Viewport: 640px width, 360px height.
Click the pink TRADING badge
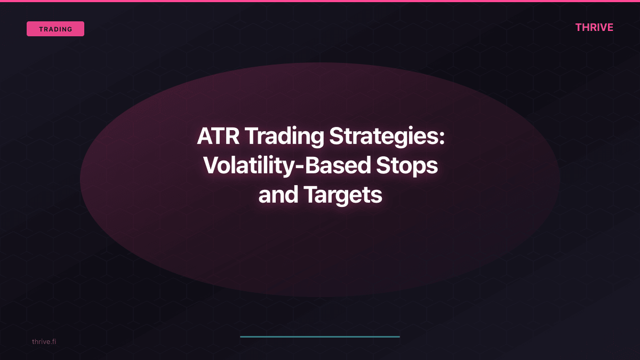[55, 29]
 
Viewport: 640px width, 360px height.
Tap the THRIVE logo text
[594, 27]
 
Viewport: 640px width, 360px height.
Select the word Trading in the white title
[284, 137]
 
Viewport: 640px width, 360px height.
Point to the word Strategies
[382, 137]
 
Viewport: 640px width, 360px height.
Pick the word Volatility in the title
[250, 166]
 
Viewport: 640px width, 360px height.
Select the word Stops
[408, 166]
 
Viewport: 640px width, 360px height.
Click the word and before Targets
[278, 195]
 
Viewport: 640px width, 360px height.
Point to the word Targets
[343, 195]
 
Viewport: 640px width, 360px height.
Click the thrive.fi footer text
[44, 341]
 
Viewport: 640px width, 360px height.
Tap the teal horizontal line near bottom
[320, 337]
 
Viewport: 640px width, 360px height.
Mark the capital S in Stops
[385, 166]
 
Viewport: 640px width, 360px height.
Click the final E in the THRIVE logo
[610, 27]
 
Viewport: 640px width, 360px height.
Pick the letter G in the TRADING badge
[70, 29]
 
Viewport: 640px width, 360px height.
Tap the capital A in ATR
[205, 137]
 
